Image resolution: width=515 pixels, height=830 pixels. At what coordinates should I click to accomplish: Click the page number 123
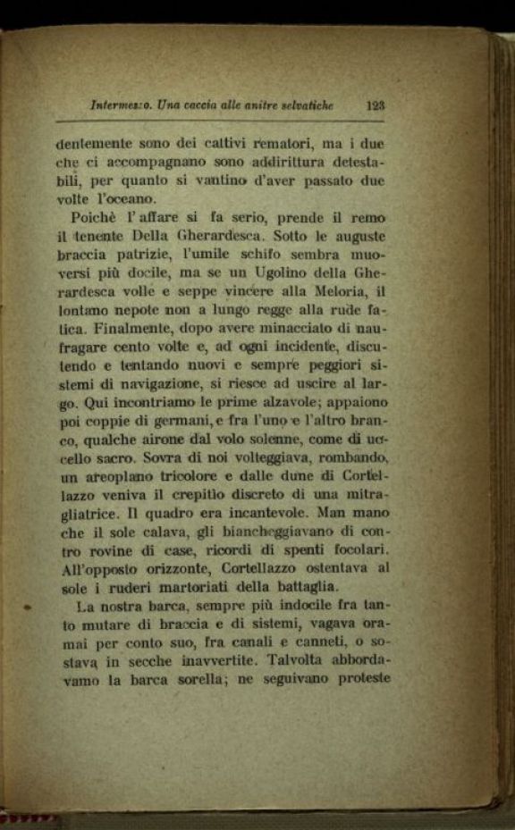375,105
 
